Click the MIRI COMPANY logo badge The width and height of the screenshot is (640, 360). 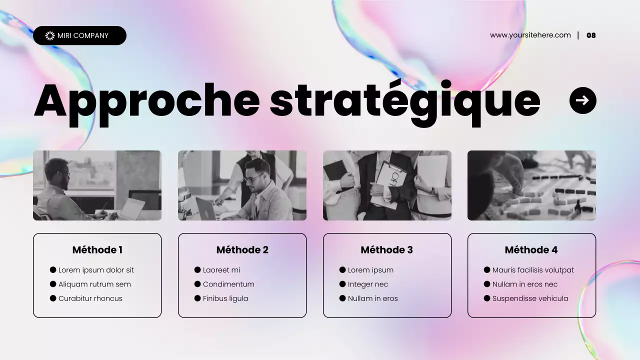[79, 35]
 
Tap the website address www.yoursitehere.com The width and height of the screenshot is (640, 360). [530, 35]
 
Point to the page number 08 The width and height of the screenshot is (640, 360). [591, 35]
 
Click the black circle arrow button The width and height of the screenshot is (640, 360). [582, 100]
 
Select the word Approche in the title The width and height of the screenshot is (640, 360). [146, 101]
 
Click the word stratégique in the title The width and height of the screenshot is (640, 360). [405, 101]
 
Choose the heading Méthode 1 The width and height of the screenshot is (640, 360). [97, 250]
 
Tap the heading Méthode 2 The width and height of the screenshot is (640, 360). [242, 250]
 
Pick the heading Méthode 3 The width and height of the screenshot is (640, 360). [386, 250]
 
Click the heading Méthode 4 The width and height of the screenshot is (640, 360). [531, 250]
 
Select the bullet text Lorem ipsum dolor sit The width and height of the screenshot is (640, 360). [96, 270]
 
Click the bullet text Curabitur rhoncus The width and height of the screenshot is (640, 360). [90, 298]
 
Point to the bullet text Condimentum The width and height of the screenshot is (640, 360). [228, 284]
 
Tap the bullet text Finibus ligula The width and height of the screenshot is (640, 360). [225, 298]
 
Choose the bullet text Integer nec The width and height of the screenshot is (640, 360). [367, 284]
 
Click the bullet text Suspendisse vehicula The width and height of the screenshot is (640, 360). [530, 298]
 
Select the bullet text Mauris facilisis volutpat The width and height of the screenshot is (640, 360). [533, 270]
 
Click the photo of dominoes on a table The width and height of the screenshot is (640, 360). [531, 185]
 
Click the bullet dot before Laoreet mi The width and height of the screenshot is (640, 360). [197, 270]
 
